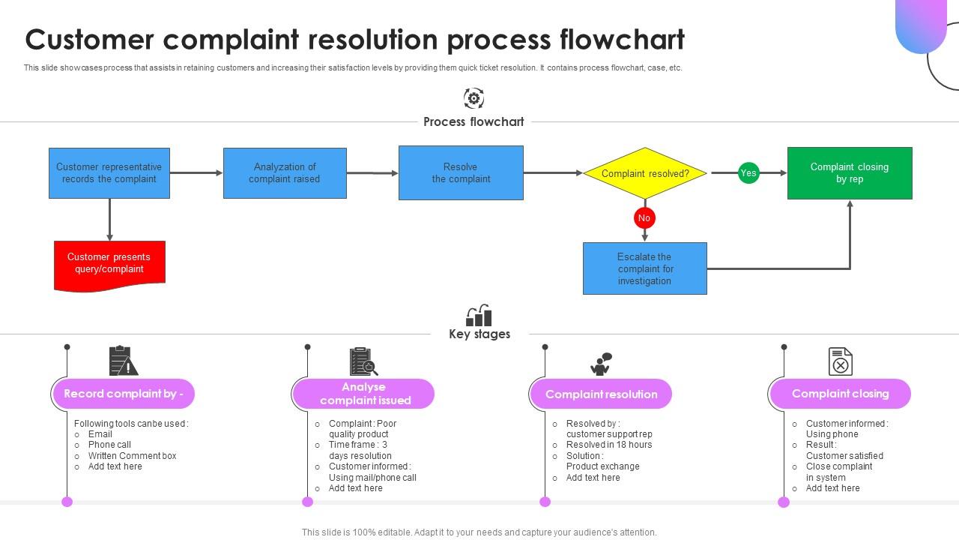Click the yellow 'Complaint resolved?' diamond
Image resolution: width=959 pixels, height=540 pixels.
point(644,173)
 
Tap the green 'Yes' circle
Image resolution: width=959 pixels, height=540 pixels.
point(748,172)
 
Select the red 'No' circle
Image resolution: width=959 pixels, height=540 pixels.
point(644,217)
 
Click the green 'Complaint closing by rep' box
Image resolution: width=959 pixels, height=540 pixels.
point(850,173)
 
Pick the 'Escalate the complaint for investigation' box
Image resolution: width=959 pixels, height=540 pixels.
point(644,268)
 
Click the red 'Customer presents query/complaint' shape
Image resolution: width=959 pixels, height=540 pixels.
point(109,264)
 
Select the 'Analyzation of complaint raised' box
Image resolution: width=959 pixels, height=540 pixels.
point(285,173)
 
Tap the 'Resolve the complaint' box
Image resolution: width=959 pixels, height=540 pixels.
point(461,173)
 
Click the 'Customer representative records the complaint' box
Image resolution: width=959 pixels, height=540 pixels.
point(109,173)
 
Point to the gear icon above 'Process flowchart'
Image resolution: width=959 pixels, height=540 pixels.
point(474,98)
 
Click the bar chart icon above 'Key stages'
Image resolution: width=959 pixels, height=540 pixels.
point(479,316)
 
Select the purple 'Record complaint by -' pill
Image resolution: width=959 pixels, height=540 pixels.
point(124,394)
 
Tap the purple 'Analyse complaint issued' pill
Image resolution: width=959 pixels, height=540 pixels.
point(364,394)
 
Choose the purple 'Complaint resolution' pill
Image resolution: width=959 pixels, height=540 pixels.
point(601,394)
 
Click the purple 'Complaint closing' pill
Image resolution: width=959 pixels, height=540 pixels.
point(840,394)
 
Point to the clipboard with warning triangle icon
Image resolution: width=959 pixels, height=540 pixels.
point(123,361)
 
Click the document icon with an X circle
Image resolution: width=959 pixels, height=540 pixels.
point(840,361)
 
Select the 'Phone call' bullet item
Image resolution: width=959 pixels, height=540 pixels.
point(109,445)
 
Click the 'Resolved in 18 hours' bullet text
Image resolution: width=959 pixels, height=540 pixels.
point(608,445)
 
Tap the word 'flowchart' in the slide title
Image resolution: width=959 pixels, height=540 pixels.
point(622,39)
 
